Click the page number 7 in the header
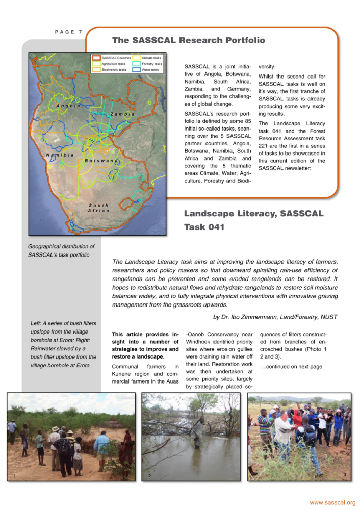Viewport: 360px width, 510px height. (80, 32)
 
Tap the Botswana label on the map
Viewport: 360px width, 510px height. (102, 161)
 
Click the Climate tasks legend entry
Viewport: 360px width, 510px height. (151, 58)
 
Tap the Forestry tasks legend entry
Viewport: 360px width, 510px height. (152, 64)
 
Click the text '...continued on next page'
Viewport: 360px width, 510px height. (291, 366)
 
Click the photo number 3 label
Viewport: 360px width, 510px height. (345, 476)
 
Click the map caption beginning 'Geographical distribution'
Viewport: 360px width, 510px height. (59, 250)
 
